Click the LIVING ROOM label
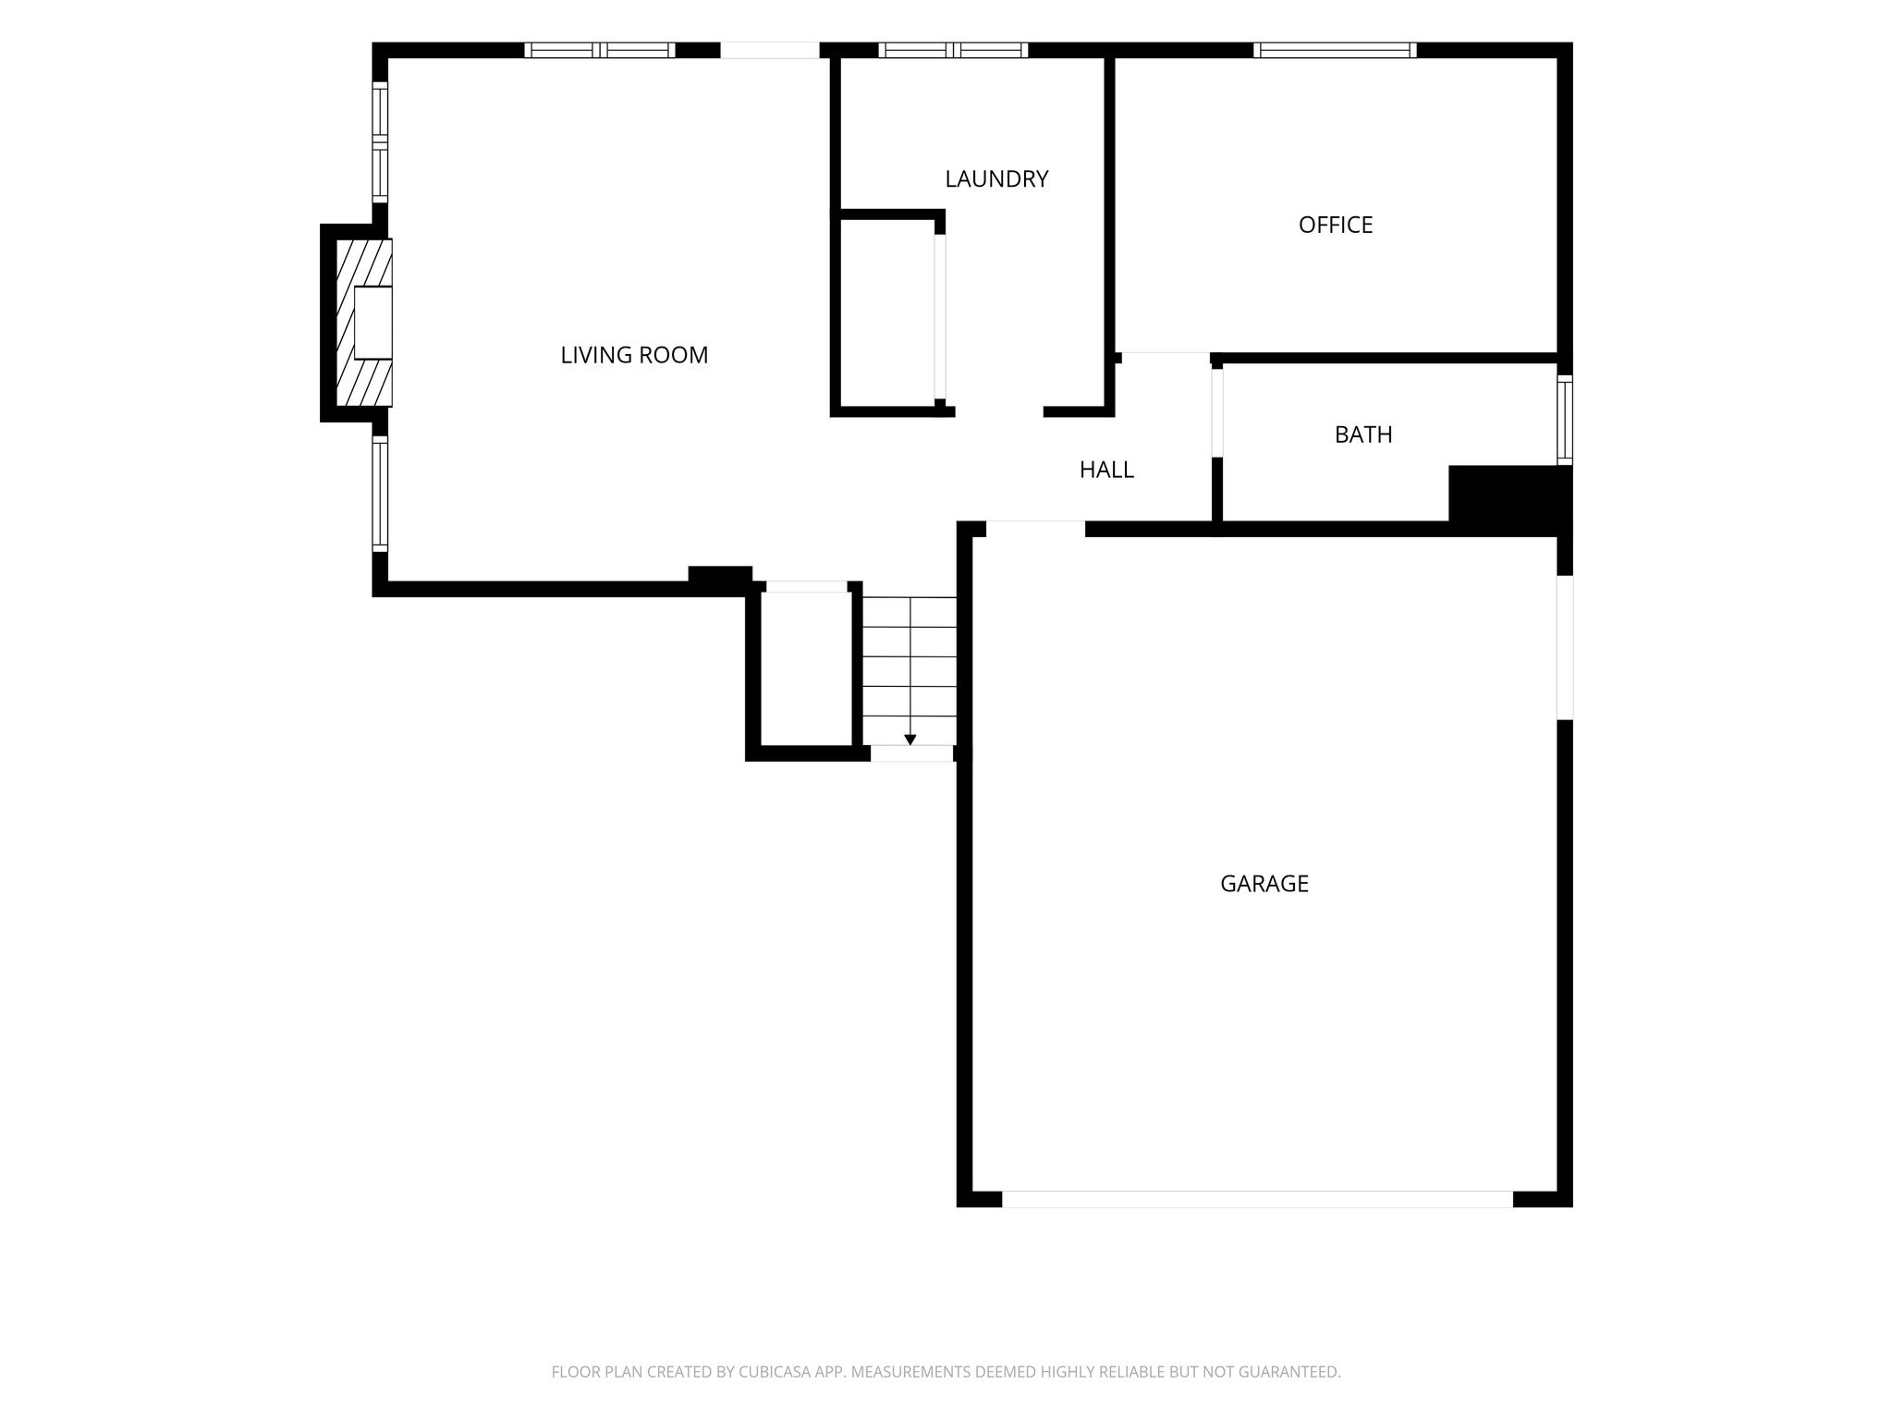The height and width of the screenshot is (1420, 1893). point(634,355)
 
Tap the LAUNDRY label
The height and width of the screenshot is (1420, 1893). point(996,178)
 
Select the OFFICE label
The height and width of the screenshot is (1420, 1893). point(1336,225)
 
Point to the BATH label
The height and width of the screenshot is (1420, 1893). point(1363,435)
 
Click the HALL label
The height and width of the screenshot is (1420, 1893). point(1106,470)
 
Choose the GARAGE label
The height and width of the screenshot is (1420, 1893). point(1264,884)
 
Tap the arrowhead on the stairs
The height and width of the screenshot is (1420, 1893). point(910,740)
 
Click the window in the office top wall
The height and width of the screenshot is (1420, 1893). point(1335,50)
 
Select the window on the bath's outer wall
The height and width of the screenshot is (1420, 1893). point(1565,420)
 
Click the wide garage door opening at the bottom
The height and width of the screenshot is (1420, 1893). point(1257,1199)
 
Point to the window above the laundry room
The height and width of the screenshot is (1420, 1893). point(953,50)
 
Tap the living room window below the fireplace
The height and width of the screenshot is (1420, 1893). point(380,494)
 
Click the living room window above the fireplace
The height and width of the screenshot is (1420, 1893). point(380,142)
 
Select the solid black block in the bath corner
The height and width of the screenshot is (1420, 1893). point(1510,499)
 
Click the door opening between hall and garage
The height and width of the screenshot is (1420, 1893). point(1035,529)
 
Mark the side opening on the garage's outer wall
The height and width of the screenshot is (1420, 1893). point(1565,647)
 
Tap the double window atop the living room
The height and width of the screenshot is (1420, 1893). point(600,50)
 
